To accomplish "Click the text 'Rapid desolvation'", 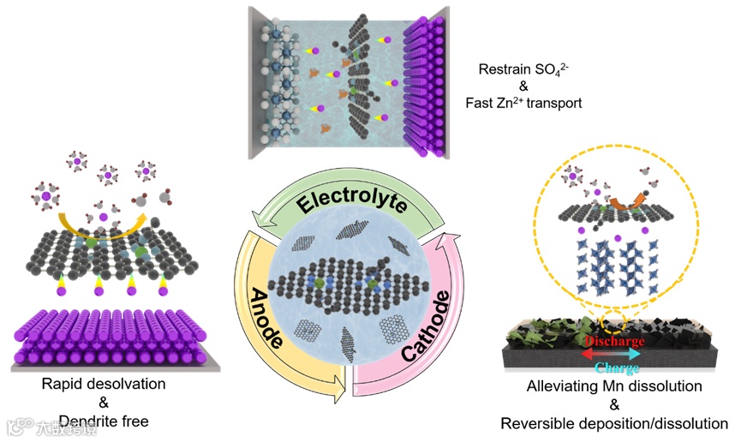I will [x=104, y=384].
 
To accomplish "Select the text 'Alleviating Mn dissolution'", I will [x=614, y=387].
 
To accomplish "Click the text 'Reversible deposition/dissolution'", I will [x=614, y=423].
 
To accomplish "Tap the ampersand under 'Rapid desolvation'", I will [x=104, y=402].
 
